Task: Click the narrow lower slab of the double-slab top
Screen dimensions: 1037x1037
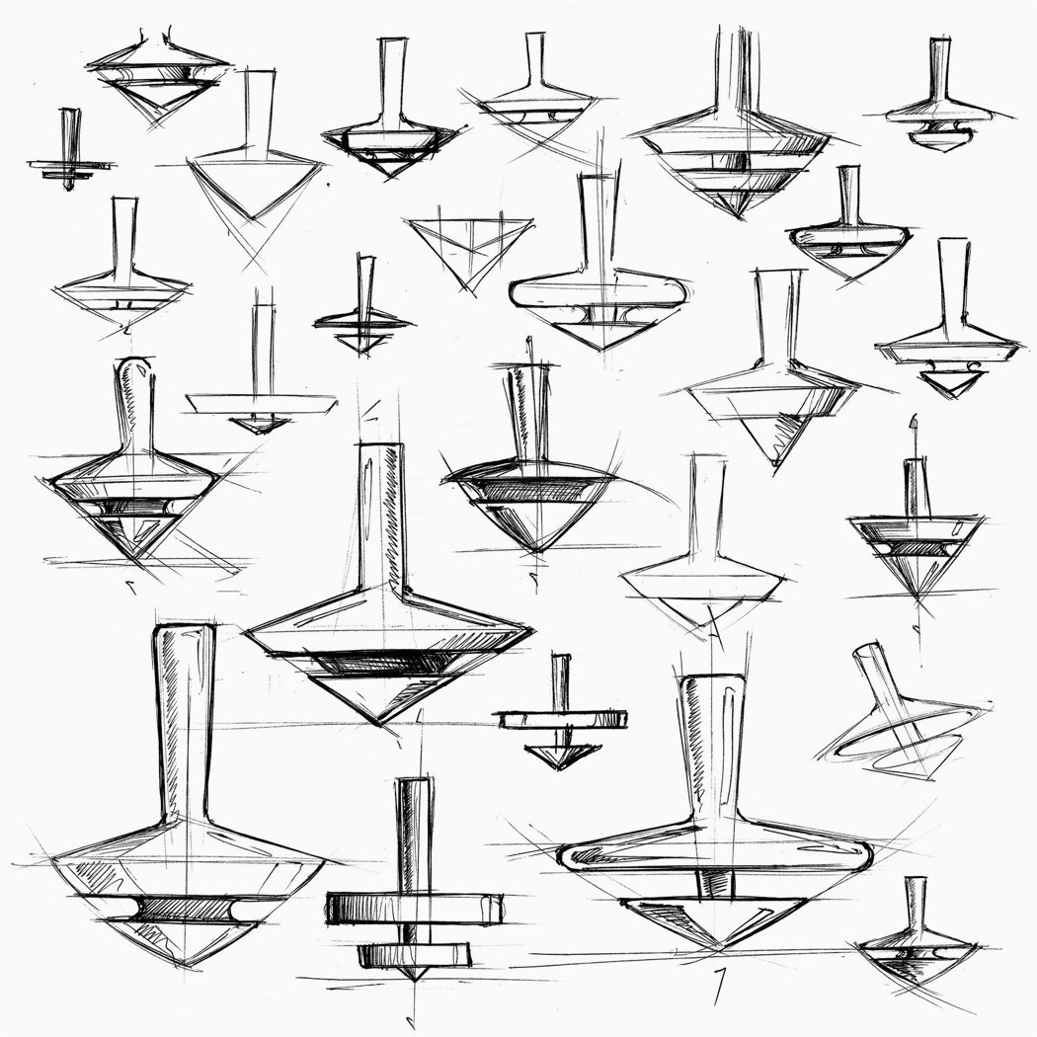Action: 421,953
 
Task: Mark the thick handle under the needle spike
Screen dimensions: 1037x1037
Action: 917,488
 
